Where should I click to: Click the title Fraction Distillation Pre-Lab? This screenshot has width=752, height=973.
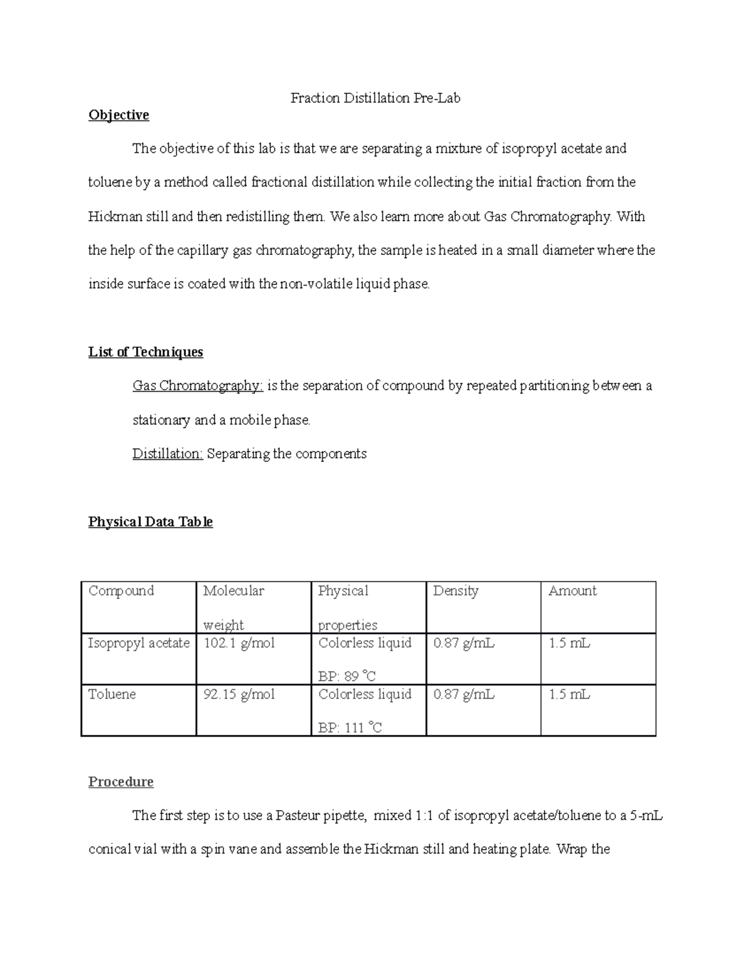(x=375, y=98)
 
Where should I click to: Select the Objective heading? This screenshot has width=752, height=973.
(x=118, y=115)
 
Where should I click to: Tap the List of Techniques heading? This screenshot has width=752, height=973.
(x=145, y=352)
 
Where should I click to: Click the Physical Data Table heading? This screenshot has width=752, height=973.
(x=150, y=522)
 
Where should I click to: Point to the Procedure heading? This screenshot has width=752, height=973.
(x=120, y=782)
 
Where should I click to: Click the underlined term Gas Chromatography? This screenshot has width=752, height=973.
(x=197, y=386)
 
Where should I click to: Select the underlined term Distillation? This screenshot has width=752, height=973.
(x=167, y=454)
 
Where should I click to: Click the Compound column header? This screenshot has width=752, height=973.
(x=121, y=591)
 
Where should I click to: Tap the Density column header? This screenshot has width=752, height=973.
(x=456, y=591)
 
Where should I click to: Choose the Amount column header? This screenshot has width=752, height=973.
(x=572, y=591)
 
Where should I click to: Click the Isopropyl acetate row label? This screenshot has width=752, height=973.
(x=138, y=643)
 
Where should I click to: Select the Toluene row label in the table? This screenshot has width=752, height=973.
(x=112, y=694)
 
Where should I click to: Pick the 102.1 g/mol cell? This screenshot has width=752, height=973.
(x=239, y=643)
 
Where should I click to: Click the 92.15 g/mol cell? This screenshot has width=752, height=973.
(x=239, y=694)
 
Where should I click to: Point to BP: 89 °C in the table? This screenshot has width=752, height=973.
(x=347, y=677)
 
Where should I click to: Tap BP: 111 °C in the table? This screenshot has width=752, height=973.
(x=350, y=728)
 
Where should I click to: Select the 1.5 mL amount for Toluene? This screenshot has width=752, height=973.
(x=569, y=694)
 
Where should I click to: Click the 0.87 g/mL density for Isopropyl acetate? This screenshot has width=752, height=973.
(x=464, y=643)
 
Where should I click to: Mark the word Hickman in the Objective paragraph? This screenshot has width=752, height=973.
(x=115, y=217)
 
